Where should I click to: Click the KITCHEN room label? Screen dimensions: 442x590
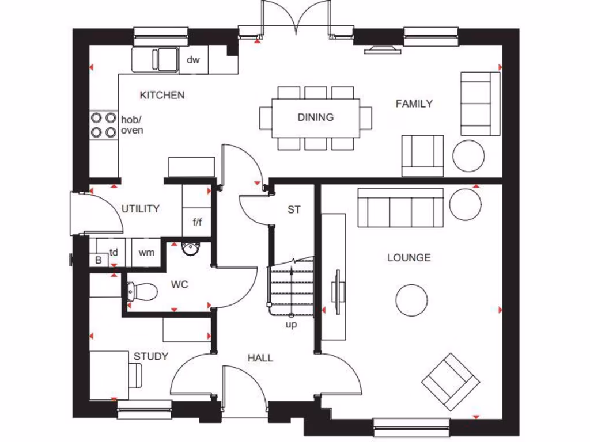point(162,95)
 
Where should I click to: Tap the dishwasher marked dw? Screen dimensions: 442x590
point(193,60)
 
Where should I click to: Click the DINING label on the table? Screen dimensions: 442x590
point(315,117)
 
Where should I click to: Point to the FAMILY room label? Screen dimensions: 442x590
point(414,104)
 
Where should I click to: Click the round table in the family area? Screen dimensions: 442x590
point(468,155)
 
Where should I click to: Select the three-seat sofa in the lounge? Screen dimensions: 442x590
point(400,208)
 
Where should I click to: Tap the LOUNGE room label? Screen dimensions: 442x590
point(409,257)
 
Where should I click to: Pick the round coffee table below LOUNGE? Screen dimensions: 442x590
point(411,299)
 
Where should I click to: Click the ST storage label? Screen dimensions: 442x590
point(294,209)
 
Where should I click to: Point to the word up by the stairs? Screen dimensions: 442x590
point(292,325)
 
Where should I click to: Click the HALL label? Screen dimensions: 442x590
point(260,358)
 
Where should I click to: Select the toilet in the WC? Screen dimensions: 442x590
point(141,292)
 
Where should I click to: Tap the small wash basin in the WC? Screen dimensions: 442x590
point(190,248)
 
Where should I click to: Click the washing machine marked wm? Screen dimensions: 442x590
point(147,252)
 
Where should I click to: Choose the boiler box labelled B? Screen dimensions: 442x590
point(98,260)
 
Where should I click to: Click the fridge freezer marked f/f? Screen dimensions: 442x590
point(196,222)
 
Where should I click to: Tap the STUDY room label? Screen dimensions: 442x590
point(151,356)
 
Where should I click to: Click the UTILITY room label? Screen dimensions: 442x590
point(140,209)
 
